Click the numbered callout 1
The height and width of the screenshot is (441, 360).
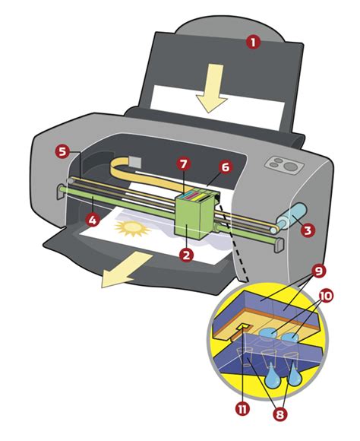coord(253,43)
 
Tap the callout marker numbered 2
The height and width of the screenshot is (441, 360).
coord(185,255)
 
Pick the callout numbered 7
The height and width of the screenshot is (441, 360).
coord(182,163)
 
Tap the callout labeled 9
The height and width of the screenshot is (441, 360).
coord(320,269)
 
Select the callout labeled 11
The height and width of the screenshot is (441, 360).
coord(242,409)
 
